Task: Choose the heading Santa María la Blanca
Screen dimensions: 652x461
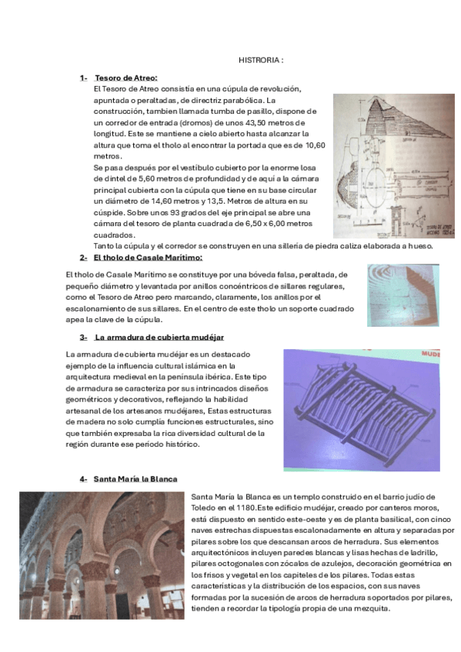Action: [x=135, y=478]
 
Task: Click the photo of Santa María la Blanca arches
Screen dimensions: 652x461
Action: [x=102, y=556]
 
